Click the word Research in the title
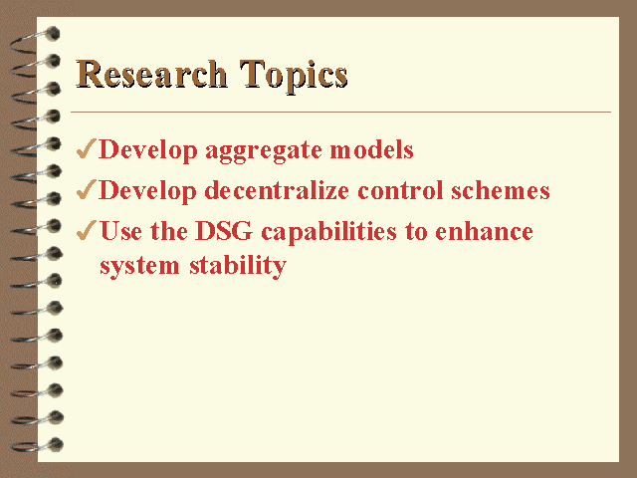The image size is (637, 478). coord(151,74)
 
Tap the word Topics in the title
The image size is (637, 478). coord(294,77)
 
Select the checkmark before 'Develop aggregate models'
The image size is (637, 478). coord(87,148)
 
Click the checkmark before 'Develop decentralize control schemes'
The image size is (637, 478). coord(87,189)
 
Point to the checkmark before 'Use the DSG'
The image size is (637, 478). coord(87,230)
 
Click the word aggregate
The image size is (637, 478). coord(264,151)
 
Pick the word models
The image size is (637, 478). coord(371,149)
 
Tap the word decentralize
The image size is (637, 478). coord(277,190)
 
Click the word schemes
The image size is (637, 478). coord(501,190)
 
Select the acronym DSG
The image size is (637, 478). coord(224,231)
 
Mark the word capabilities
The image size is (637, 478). coord(328,233)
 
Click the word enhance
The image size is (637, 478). coord(484,231)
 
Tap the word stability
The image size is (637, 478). coord(238,267)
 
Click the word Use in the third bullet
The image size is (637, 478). coord(121,231)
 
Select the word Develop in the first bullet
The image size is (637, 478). coord(148,150)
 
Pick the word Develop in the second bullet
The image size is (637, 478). coord(148,191)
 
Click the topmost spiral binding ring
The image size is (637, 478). coord(35,40)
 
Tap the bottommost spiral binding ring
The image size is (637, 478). coord(37,445)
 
